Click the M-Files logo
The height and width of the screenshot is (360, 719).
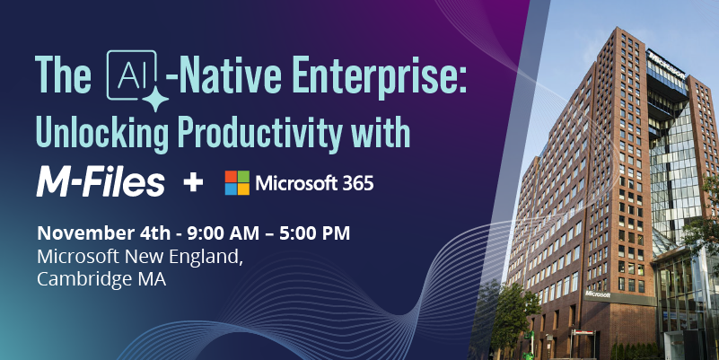click(101, 182)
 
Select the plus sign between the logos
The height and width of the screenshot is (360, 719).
click(193, 183)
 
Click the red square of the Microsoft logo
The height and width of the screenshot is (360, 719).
click(232, 176)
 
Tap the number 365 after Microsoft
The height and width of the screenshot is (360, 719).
click(355, 183)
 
